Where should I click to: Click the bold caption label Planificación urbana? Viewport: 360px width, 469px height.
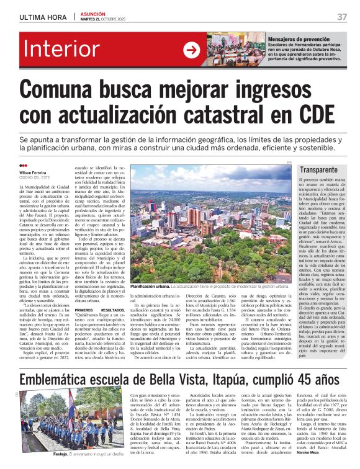coord(151,286)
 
